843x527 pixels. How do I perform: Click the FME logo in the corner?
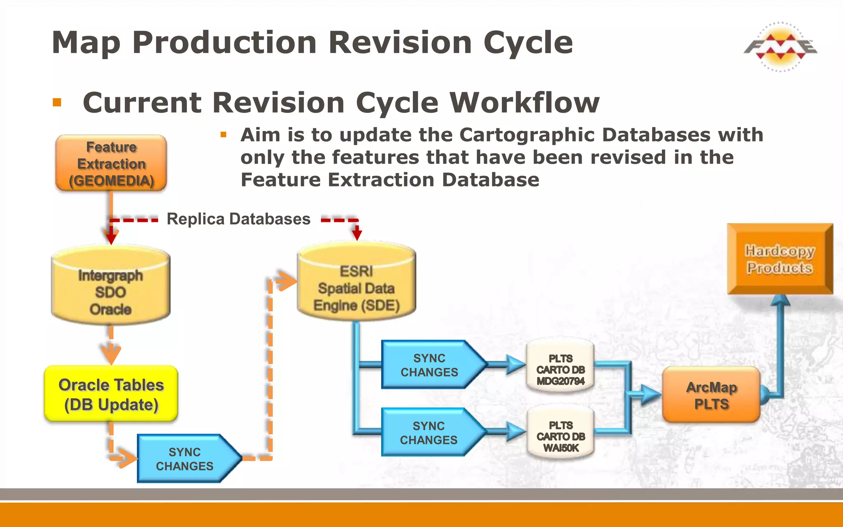tap(780, 47)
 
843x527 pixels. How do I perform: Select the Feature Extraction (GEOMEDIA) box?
tap(111, 163)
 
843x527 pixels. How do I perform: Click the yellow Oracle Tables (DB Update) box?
tap(111, 394)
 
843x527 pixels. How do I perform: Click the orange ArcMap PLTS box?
tap(711, 395)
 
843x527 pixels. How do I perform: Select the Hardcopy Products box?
tap(780, 259)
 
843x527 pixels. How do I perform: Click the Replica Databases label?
tap(238, 219)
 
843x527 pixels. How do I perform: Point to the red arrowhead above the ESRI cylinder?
tap(357, 235)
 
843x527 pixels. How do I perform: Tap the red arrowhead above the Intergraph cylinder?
tap(111, 238)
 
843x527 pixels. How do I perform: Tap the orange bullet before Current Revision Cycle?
tap(57, 102)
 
